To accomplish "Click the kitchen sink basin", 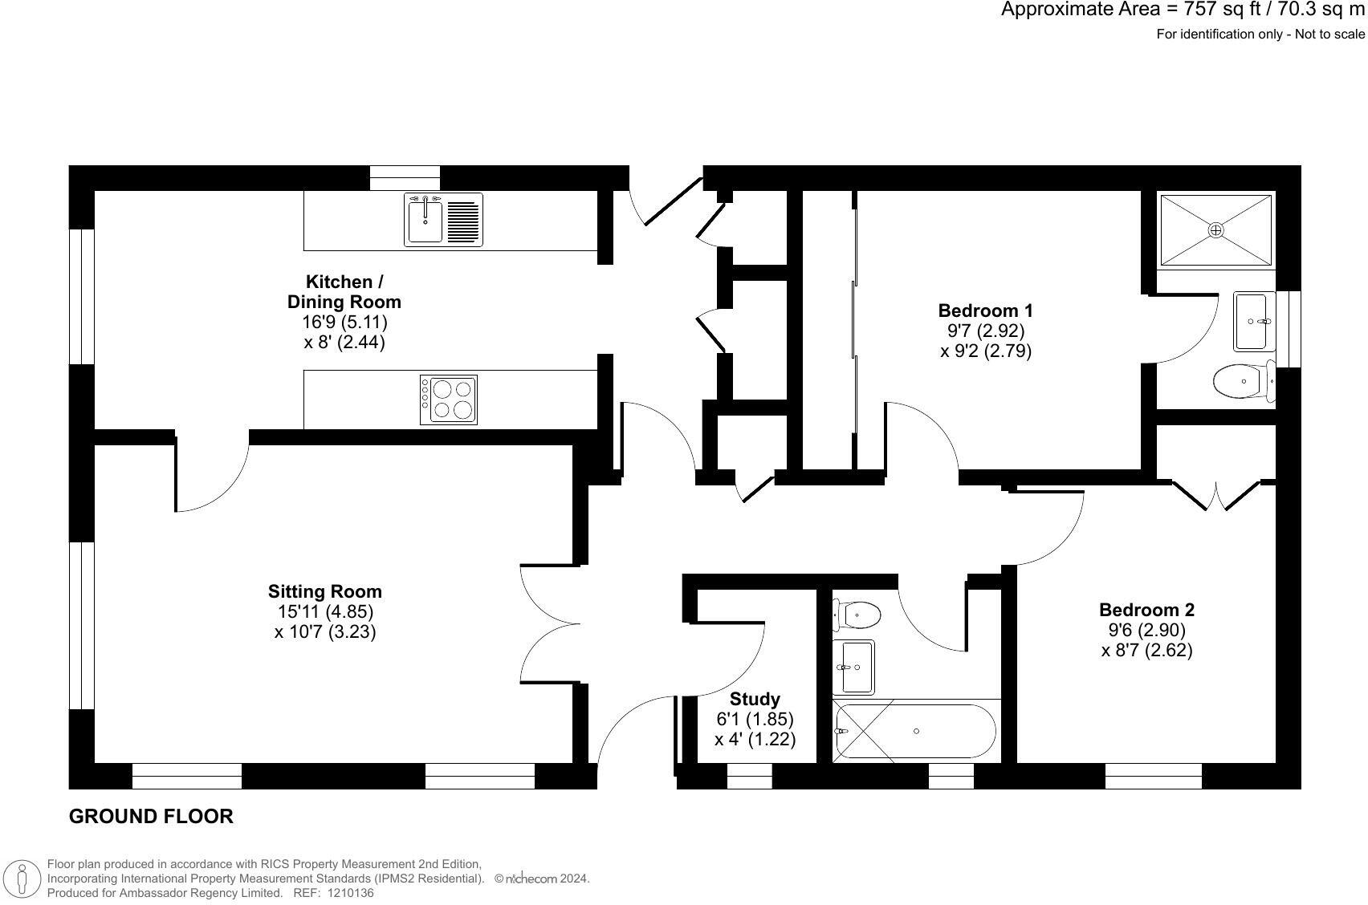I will [425, 221].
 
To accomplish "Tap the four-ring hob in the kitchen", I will [449, 400].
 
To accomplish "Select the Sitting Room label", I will [325, 591].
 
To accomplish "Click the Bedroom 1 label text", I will [985, 310].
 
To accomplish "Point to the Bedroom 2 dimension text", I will [1146, 640].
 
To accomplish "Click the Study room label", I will [755, 699].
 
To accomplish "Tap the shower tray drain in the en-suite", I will [1216, 230].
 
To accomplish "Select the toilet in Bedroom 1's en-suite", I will [1241, 382].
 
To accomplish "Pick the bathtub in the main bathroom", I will [916, 731].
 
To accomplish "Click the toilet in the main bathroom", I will [857, 615].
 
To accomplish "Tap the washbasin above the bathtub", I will [853, 667].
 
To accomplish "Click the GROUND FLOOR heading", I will [151, 817].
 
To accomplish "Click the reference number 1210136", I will [350, 892].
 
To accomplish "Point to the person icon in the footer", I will [23, 879].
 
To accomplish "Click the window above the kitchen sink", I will [405, 177].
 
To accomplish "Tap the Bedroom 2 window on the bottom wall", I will [1153, 776].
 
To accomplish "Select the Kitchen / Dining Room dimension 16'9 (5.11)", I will [344, 322].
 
